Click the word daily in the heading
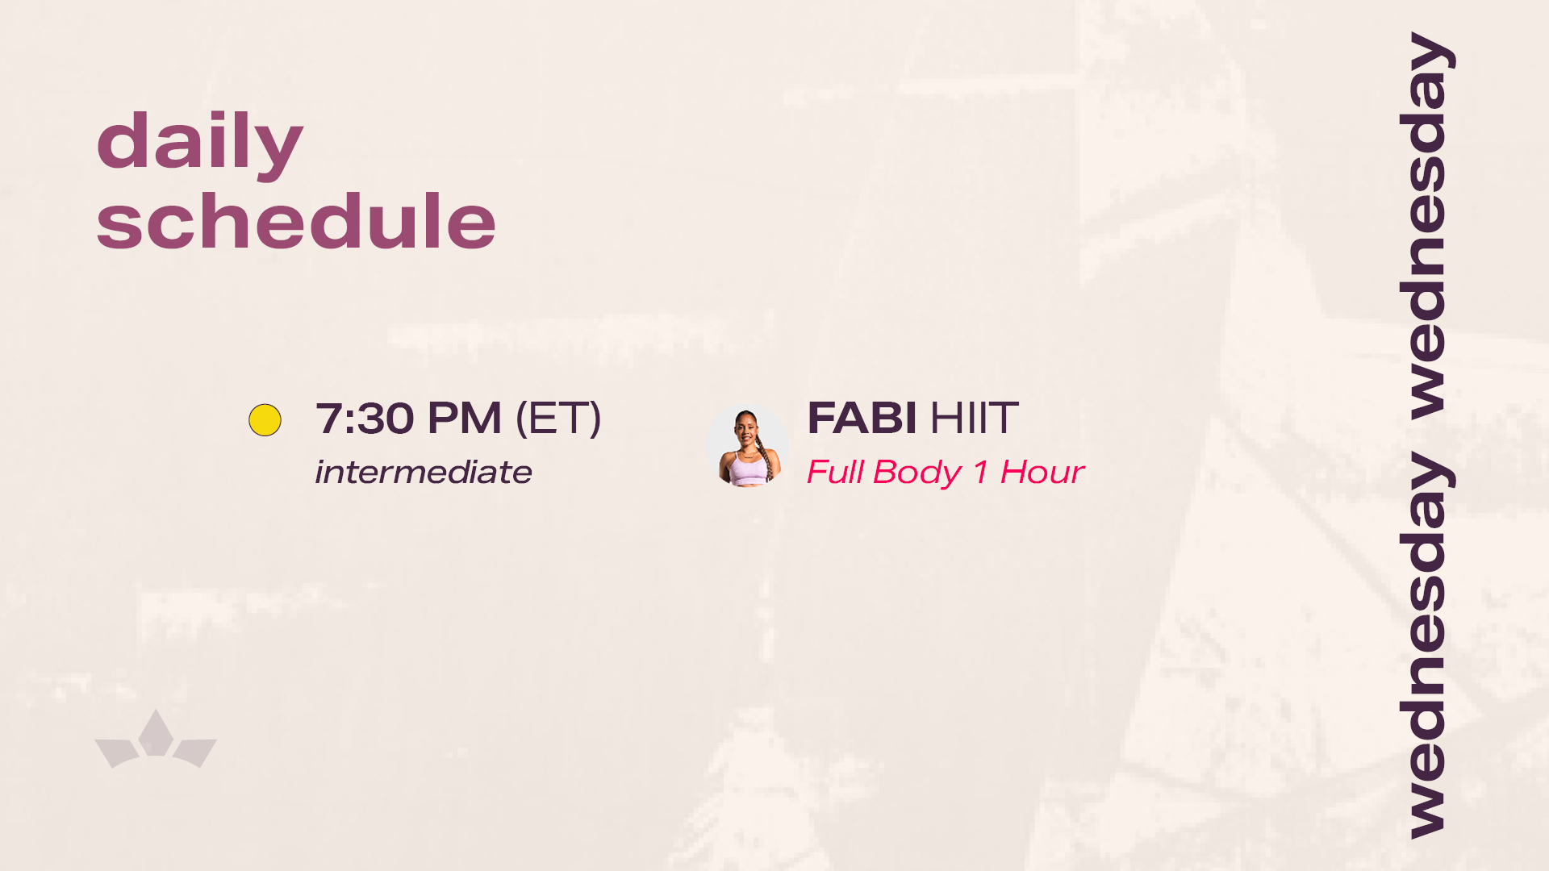click(x=199, y=144)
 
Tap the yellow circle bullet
click(x=265, y=420)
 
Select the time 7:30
click(x=365, y=419)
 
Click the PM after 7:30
click(x=465, y=419)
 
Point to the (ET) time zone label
click(x=558, y=419)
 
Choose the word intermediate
click(x=424, y=472)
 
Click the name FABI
click(x=862, y=418)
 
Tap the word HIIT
click(x=975, y=418)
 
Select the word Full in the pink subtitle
click(x=835, y=472)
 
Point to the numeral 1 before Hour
click(x=981, y=472)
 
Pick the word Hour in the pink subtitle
click(x=1042, y=472)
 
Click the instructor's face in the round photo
click(x=746, y=431)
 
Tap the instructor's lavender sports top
click(x=749, y=469)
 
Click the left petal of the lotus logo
click(x=118, y=752)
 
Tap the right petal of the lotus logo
click(x=194, y=752)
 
